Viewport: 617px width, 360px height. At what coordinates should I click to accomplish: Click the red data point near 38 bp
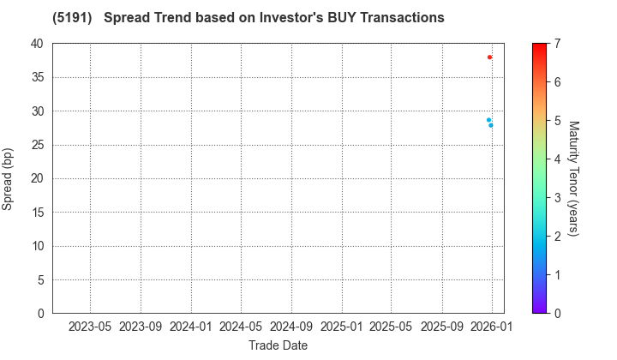click(x=489, y=57)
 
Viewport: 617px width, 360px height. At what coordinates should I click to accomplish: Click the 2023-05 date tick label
click(x=90, y=327)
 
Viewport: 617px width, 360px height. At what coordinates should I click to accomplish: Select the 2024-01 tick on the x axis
click(x=191, y=327)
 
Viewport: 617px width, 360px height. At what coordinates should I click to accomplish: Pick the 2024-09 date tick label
click(x=291, y=327)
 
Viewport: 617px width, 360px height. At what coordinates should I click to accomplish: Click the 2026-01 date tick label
click(x=492, y=327)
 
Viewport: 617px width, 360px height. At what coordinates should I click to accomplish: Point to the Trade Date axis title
click(x=278, y=345)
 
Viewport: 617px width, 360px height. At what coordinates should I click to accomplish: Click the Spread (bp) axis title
click(x=9, y=178)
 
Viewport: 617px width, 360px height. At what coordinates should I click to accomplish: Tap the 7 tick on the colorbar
click(x=557, y=44)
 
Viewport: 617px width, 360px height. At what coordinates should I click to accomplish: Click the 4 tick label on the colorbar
click(x=557, y=159)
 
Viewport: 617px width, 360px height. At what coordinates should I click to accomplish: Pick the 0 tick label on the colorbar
click(x=557, y=313)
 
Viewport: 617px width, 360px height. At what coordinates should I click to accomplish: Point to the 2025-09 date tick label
click(x=442, y=327)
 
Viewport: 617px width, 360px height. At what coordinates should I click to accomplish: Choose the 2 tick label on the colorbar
click(x=557, y=236)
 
